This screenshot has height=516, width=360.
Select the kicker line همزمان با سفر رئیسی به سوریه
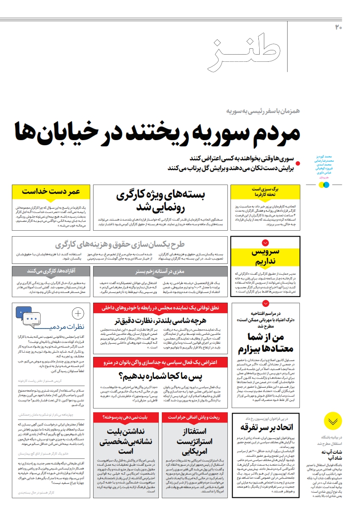(x=263, y=111)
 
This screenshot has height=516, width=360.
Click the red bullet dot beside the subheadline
(x=298, y=163)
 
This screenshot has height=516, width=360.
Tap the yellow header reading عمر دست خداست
(x=51, y=192)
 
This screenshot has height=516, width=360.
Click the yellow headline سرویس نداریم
(x=265, y=257)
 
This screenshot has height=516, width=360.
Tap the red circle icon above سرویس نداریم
(x=265, y=243)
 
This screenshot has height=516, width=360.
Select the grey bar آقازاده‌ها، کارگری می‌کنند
(x=51, y=271)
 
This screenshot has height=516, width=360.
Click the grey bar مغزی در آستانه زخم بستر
(x=161, y=271)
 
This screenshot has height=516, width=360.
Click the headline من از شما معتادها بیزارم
(x=266, y=343)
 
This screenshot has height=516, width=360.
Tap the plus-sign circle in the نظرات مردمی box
(x=78, y=314)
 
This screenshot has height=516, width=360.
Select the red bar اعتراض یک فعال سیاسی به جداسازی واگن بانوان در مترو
(x=161, y=362)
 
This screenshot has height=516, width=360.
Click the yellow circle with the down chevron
(x=333, y=421)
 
